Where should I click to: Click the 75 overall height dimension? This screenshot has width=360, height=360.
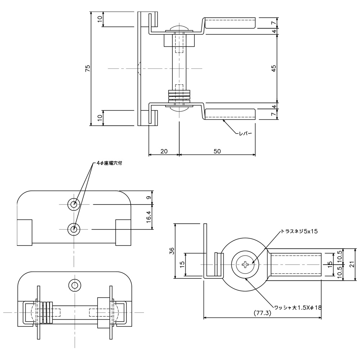tap(87, 68)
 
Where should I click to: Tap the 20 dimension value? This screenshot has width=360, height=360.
tap(164, 151)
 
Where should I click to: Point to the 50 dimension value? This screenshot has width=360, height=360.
tap(217, 151)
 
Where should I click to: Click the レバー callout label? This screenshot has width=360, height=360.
tap(245, 134)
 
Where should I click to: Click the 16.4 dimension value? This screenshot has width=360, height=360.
tap(148, 217)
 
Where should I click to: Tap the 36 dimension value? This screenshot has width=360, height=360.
tap(172, 251)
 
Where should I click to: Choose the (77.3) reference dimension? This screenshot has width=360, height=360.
tap(262, 313)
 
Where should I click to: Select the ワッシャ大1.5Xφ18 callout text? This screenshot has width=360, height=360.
tap(297, 307)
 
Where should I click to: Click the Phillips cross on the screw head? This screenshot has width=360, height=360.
tap(246, 265)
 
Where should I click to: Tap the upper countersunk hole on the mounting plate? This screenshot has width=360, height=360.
tap(74, 204)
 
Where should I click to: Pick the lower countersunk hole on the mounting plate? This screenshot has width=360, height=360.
tap(74, 229)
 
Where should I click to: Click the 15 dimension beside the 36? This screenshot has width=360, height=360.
tap(182, 264)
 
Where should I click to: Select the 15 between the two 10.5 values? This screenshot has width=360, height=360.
tap(330, 265)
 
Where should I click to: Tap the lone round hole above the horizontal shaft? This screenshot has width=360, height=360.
tap(75, 285)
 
